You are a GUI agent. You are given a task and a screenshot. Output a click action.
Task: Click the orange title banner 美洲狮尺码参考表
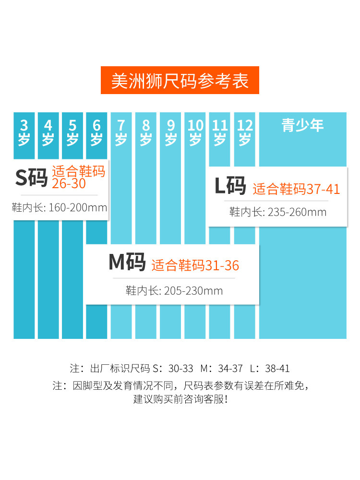tap(180, 80)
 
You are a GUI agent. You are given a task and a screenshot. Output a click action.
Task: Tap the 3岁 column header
tap(24, 133)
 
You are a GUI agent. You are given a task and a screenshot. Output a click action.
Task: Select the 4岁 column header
tap(48, 133)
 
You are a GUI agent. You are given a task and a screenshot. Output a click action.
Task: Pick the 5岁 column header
tap(72, 133)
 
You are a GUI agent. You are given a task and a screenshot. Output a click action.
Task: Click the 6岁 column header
tap(97, 133)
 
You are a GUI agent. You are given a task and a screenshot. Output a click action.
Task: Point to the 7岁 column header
tap(121, 133)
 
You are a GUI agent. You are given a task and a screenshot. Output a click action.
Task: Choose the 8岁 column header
tap(146, 133)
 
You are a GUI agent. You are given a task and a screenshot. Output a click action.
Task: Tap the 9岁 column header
tap(170, 133)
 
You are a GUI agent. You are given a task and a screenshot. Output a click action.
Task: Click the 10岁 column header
tap(195, 133)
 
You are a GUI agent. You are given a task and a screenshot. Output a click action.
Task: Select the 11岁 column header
tap(220, 133)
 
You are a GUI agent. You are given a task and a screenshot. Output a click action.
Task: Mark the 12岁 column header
tap(245, 133)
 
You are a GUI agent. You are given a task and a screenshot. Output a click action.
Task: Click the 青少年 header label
tap(302, 126)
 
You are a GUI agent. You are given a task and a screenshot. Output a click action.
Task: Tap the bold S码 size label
tap(31, 178)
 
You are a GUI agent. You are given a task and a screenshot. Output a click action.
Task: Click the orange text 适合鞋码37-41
tap(296, 189)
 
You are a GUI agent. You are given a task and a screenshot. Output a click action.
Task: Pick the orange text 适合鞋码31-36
tap(195, 265)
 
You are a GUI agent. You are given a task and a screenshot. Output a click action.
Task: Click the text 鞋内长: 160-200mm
tap(60, 207)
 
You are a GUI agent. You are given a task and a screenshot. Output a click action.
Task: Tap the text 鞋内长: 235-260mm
tap(277, 212)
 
